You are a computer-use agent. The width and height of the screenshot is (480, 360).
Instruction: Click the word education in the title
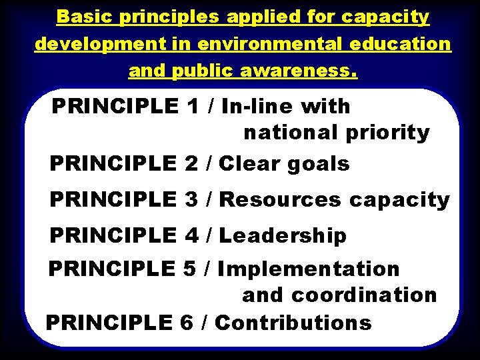pos(398,44)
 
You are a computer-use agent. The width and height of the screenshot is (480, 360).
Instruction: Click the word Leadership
pos(283,236)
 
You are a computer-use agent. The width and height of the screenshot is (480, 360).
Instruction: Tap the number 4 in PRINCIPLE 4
pos(191,236)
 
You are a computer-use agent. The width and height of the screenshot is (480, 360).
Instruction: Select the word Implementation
pos(309,269)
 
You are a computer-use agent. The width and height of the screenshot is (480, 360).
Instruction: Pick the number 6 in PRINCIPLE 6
pos(187,323)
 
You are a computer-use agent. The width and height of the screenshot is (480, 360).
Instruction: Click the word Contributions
pos(293,323)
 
